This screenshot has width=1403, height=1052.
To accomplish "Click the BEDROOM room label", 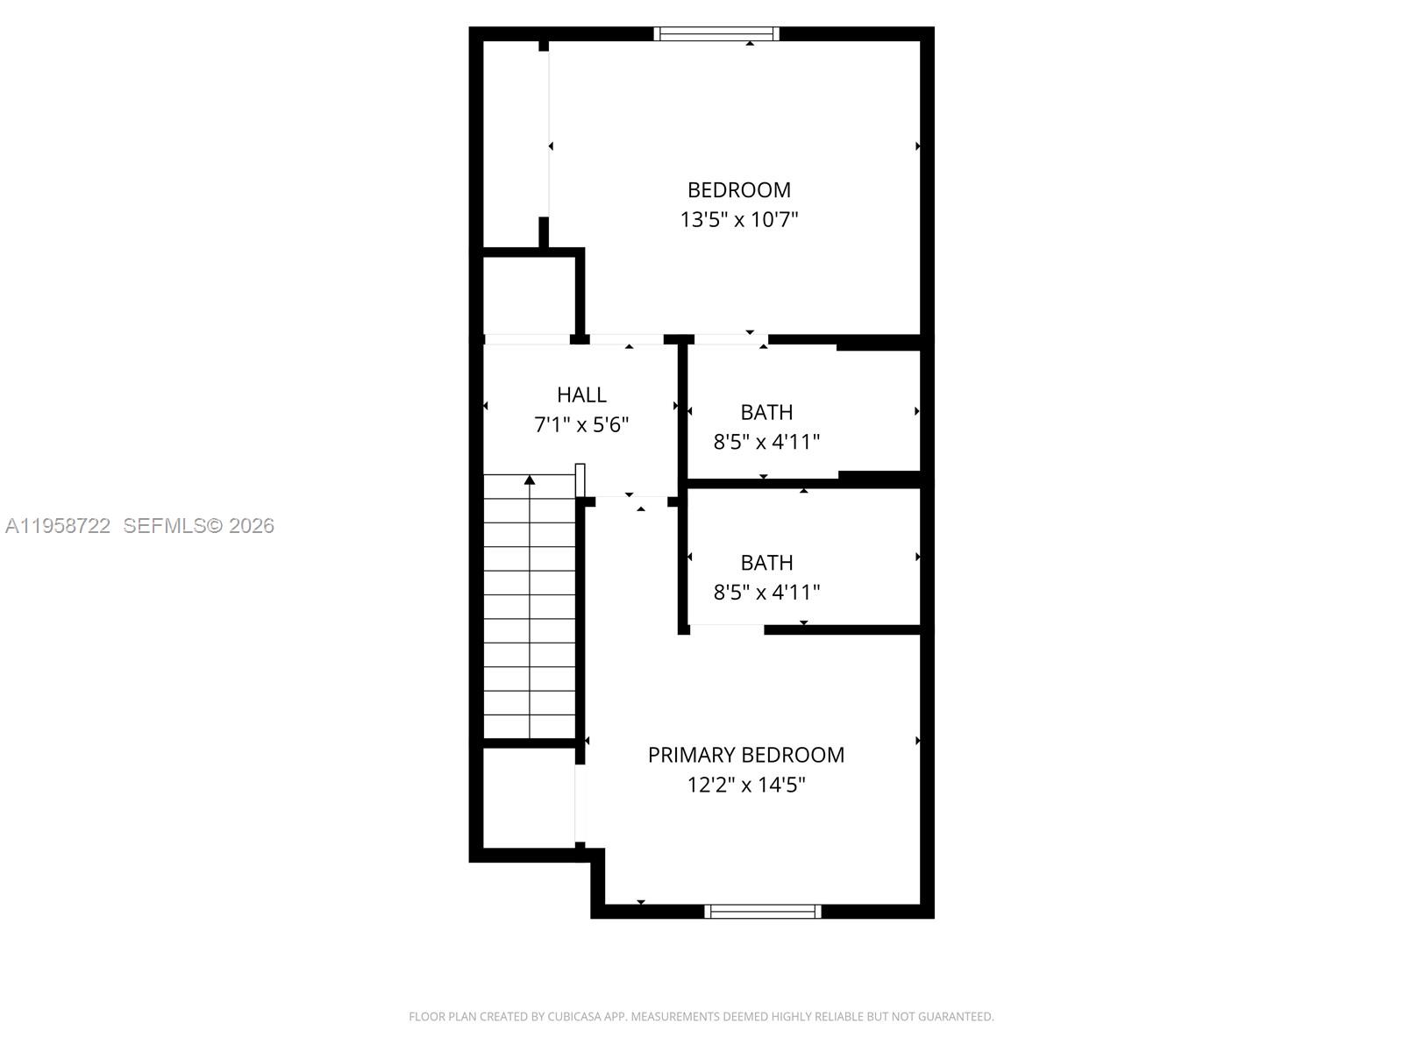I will coord(738,190).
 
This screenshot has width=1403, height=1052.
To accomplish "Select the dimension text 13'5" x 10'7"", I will coord(738,219).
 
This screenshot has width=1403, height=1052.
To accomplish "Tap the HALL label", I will coord(581,395).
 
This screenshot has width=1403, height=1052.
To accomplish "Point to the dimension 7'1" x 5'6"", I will coord(581,425).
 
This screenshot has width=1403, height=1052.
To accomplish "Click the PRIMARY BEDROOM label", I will coord(745,755).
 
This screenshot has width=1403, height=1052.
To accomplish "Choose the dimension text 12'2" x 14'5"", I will coord(745,785).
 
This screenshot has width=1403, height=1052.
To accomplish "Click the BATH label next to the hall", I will coord(766,412).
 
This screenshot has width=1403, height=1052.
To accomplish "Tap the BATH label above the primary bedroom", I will coord(766,563).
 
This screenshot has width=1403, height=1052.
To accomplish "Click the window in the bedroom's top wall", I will coord(716,34).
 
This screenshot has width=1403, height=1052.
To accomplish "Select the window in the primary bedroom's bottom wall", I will coord(762,912).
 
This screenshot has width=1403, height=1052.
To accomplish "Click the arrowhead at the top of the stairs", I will coord(530,480).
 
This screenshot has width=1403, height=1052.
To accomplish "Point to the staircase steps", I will coord(530,614).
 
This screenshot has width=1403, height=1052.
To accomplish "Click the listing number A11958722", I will coord(58,526).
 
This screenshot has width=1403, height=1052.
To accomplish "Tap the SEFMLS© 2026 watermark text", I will coord(198,526).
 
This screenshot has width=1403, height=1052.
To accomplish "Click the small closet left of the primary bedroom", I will coord(529,798).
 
